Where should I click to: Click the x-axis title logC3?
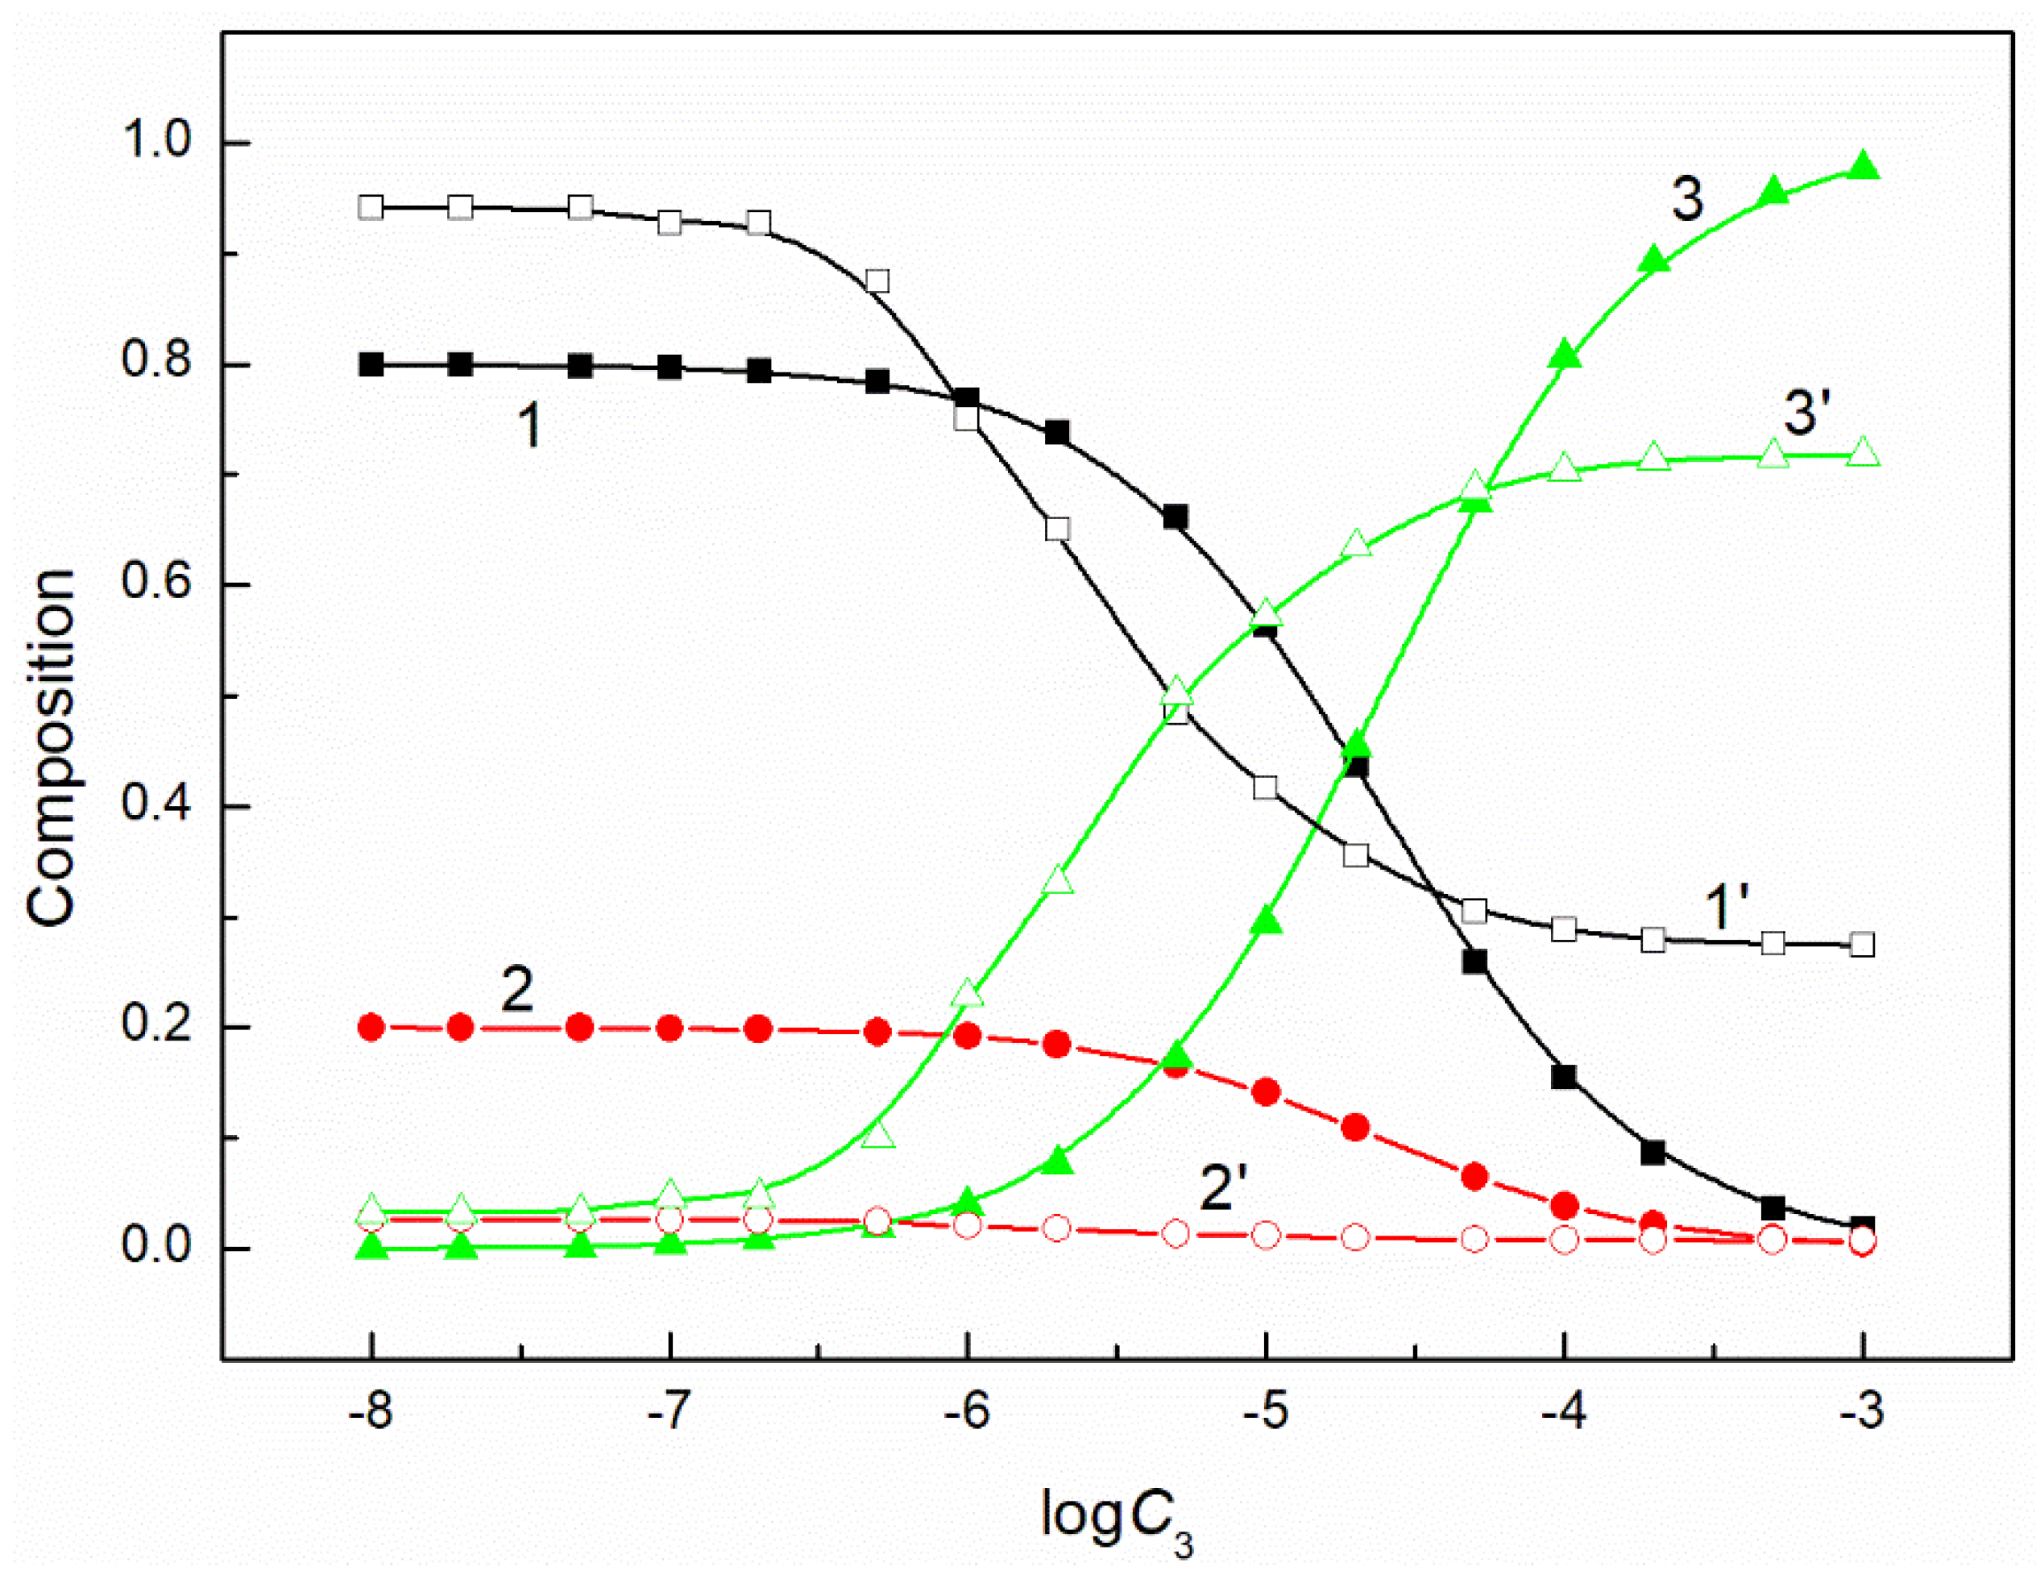[x=1115, y=1516]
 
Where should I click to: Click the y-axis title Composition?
[x=52, y=748]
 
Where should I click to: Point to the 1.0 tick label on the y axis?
[x=155, y=143]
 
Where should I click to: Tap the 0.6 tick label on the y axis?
[x=155, y=584]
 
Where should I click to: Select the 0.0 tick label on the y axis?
[x=155, y=1247]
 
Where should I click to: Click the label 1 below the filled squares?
[x=529, y=426]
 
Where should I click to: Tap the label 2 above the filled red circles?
[x=517, y=989]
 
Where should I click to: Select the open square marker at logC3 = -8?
[x=371, y=207]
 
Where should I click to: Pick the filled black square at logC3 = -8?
[x=371, y=364]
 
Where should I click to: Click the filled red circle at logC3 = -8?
[x=371, y=1028]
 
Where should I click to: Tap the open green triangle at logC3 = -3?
[x=1863, y=454]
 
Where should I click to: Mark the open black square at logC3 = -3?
[x=1863, y=945]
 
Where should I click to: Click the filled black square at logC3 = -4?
[x=1565, y=1077]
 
